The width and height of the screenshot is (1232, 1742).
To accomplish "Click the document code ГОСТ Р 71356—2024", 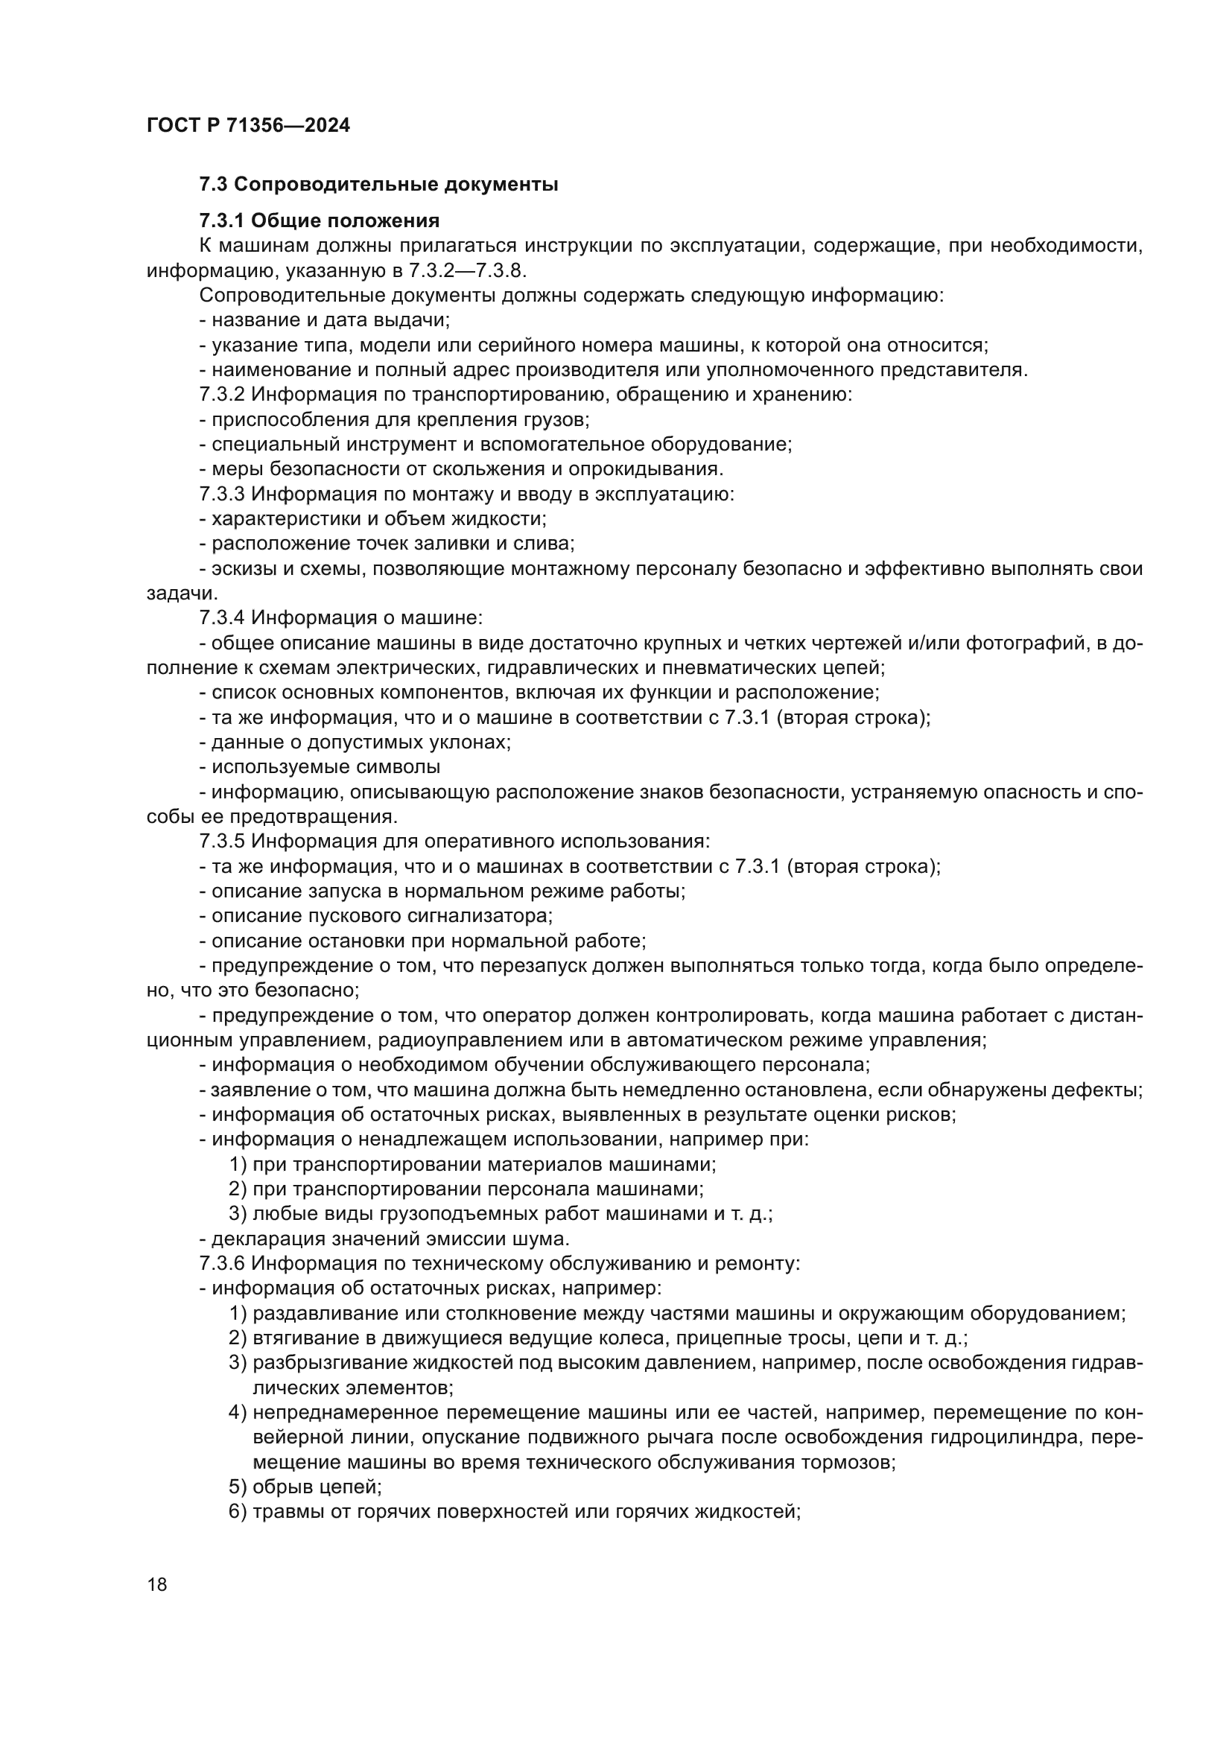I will tap(248, 125).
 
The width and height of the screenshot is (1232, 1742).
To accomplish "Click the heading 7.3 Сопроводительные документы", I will tap(378, 185).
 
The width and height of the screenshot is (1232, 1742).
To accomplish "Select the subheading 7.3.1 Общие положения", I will tap(320, 220).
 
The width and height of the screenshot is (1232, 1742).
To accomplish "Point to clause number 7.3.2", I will tap(222, 395).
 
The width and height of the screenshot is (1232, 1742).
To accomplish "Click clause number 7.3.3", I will tap(222, 494).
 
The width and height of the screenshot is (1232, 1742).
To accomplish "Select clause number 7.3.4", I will tap(222, 618).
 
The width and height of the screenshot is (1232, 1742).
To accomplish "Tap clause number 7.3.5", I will tap(222, 842).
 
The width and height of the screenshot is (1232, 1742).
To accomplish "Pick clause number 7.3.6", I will tap(222, 1263).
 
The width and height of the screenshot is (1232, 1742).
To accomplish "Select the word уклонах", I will tap(469, 742).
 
